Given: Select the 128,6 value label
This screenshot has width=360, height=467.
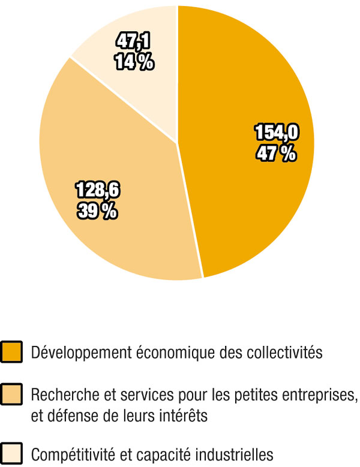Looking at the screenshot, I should pyautogui.click(x=97, y=190).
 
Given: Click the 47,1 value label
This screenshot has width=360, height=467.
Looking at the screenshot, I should pyautogui.click(x=134, y=41).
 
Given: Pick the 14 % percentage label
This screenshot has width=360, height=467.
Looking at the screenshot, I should pyautogui.click(x=134, y=62).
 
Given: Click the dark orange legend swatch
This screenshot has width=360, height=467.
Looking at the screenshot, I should pyautogui.click(x=12, y=351).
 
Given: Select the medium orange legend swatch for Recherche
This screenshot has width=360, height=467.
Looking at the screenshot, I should pyautogui.click(x=12, y=395).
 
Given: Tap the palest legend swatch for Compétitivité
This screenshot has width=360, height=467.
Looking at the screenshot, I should pyautogui.click(x=12, y=453).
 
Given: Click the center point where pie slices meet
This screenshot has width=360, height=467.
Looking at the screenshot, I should pyautogui.click(x=177, y=143).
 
